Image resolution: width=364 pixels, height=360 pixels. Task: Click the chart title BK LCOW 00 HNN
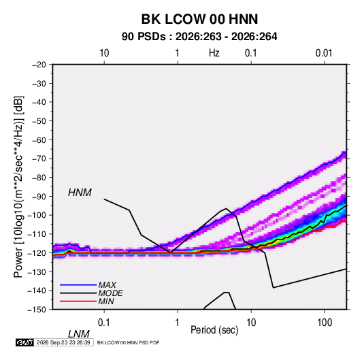pyautogui.click(x=199, y=19)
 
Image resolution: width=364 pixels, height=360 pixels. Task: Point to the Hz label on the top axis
pyautogui.click(x=214, y=53)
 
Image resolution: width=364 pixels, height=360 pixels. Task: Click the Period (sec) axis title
pyautogui.click(x=214, y=330)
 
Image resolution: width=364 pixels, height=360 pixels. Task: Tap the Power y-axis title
pyautogui.click(x=18, y=187)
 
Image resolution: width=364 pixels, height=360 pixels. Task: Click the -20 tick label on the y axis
pyautogui.click(x=39, y=65)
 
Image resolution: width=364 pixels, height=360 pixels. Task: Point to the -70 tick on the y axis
pyautogui.click(x=39, y=159)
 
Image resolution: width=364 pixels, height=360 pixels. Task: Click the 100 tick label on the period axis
pyautogui.click(x=325, y=323)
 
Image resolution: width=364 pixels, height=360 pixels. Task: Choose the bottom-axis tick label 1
pyautogui.click(x=178, y=323)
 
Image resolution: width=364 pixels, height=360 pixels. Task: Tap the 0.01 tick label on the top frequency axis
pyautogui.click(x=324, y=53)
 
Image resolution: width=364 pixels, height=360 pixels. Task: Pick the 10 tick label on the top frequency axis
pyautogui.click(x=104, y=53)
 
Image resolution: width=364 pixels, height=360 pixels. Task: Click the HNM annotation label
pyautogui.click(x=80, y=193)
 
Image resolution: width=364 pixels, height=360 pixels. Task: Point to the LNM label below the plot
pyautogui.click(x=78, y=334)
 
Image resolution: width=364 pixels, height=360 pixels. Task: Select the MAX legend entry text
pyautogui.click(x=107, y=285)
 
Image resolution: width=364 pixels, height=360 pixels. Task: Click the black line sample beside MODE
pyautogui.click(x=78, y=293)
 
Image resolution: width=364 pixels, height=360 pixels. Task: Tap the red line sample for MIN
pyautogui.click(x=78, y=301)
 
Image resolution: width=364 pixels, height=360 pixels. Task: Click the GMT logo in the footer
pyautogui.click(x=25, y=342)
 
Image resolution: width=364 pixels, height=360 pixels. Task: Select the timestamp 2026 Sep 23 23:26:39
pyautogui.click(x=63, y=342)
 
